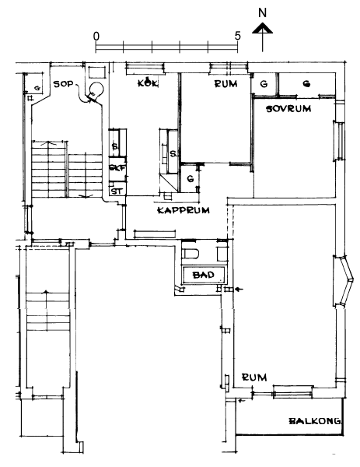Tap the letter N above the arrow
(x=262, y=12)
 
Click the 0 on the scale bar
(x=96, y=36)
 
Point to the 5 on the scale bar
(x=237, y=36)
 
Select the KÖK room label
(x=148, y=83)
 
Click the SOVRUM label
(x=288, y=108)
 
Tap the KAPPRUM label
(x=183, y=211)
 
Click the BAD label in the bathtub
(x=204, y=275)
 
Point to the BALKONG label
(x=315, y=421)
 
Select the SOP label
(x=63, y=84)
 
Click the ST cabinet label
(x=117, y=191)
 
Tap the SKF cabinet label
(x=117, y=168)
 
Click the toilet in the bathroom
(x=190, y=254)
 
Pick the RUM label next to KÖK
(x=226, y=84)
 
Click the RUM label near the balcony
(x=254, y=377)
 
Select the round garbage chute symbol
(x=96, y=89)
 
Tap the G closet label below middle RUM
(x=190, y=179)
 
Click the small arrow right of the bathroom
(x=239, y=289)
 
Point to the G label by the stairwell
(x=37, y=88)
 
